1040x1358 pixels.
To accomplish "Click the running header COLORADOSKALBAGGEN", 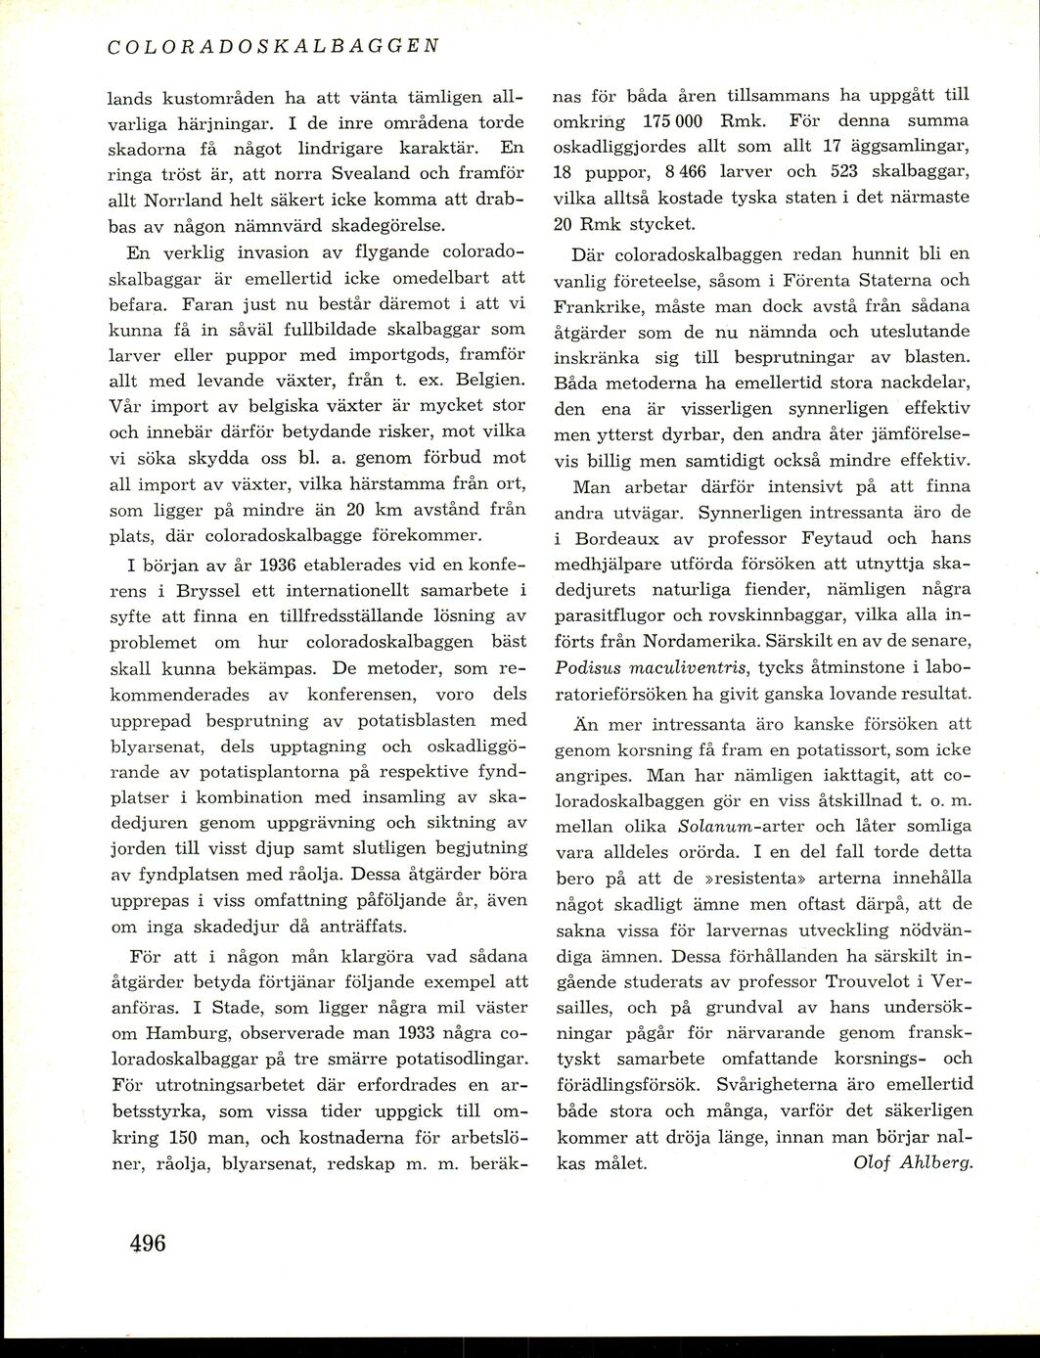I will tap(271, 46).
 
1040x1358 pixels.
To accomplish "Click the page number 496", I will tap(148, 1245).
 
